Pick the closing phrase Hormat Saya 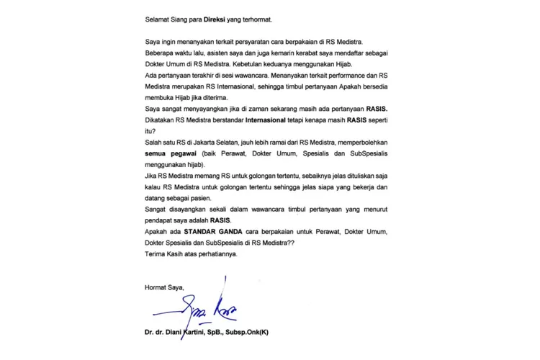coord(164,288)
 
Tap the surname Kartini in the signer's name coord(187,333)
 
